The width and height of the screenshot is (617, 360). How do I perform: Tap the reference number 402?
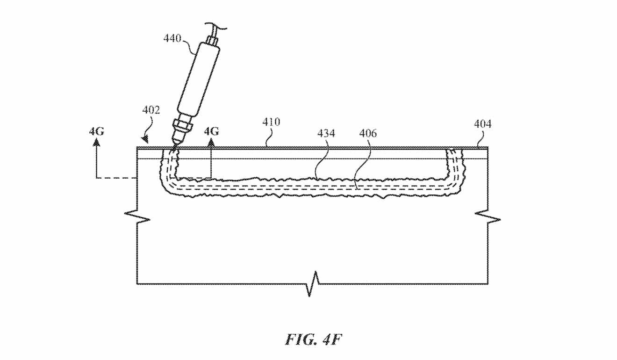pyautogui.click(x=151, y=111)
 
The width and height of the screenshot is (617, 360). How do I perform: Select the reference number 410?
pyautogui.click(x=271, y=122)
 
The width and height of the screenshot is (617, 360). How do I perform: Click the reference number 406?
pyautogui.click(x=368, y=134)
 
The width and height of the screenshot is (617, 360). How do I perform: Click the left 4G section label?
pyautogui.click(x=96, y=131)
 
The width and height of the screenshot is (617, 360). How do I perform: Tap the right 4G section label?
pyautogui.click(x=211, y=131)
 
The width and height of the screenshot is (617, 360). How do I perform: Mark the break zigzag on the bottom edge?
pyautogui.click(x=314, y=283)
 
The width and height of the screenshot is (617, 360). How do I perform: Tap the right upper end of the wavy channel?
pyautogui.click(x=454, y=151)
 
